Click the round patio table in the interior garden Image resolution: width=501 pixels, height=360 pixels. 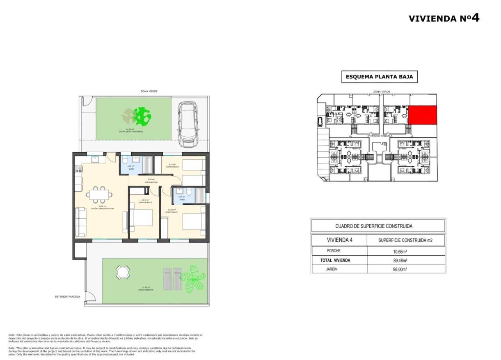click(x=122, y=272)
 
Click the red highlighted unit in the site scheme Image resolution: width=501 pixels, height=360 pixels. click(x=423, y=115)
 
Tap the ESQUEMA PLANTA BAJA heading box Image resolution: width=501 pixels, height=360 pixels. click(x=379, y=76)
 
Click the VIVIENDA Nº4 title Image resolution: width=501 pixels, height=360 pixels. click(x=444, y=18)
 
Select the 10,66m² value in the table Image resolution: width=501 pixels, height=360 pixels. click(x=405, y=251)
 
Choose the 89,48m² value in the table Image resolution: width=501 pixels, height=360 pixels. click(x=405, y=260)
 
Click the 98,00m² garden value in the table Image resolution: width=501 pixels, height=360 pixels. click(x=405, y=269)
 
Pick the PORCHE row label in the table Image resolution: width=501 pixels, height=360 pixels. click(x=334, y=251)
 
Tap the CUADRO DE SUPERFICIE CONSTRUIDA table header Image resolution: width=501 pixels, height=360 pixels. click(x=377, y=226)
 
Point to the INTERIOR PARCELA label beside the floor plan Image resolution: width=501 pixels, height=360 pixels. click(x=68, y=296)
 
